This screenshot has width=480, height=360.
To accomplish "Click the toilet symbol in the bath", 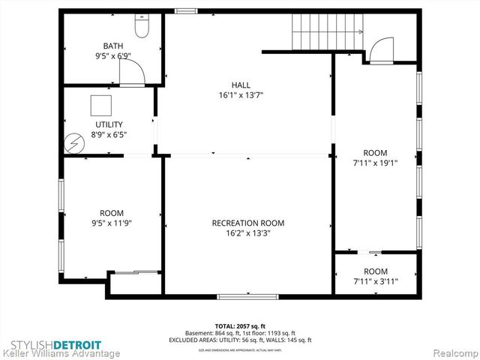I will coord(142,27).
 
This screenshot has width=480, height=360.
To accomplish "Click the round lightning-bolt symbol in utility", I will coord(73,142).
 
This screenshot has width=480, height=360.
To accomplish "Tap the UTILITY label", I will coord(109,124).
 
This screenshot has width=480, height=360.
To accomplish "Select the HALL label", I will coord(241,85).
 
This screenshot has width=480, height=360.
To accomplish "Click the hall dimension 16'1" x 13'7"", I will coord(241,95).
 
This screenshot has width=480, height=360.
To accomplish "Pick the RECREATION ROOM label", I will coord(247,223).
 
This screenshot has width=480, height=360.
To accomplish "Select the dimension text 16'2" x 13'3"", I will coord(247,233).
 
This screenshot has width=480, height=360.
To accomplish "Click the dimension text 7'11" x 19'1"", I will coord(375,163).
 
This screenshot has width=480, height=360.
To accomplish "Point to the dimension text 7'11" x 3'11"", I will coord(375,281).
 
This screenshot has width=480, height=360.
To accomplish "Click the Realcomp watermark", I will coord(453,352).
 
